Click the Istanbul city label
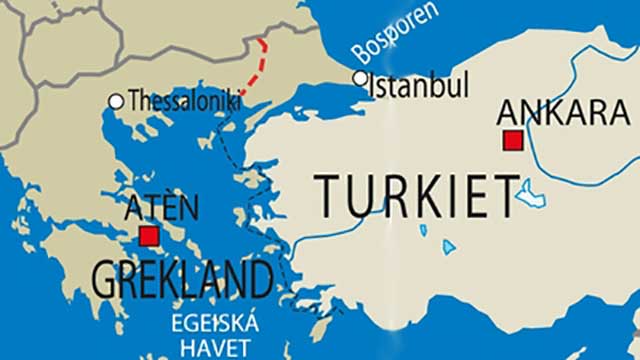(x=420, y=85)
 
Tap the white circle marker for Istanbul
(x=360, y=78)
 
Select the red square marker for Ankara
(x=513, y=140)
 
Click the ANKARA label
(x=563, y=111)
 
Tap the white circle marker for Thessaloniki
(x=116, y=101)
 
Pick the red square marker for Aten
(x=149, y=236)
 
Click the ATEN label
(x=161, y=208)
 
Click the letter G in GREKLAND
(x=106, y=278)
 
